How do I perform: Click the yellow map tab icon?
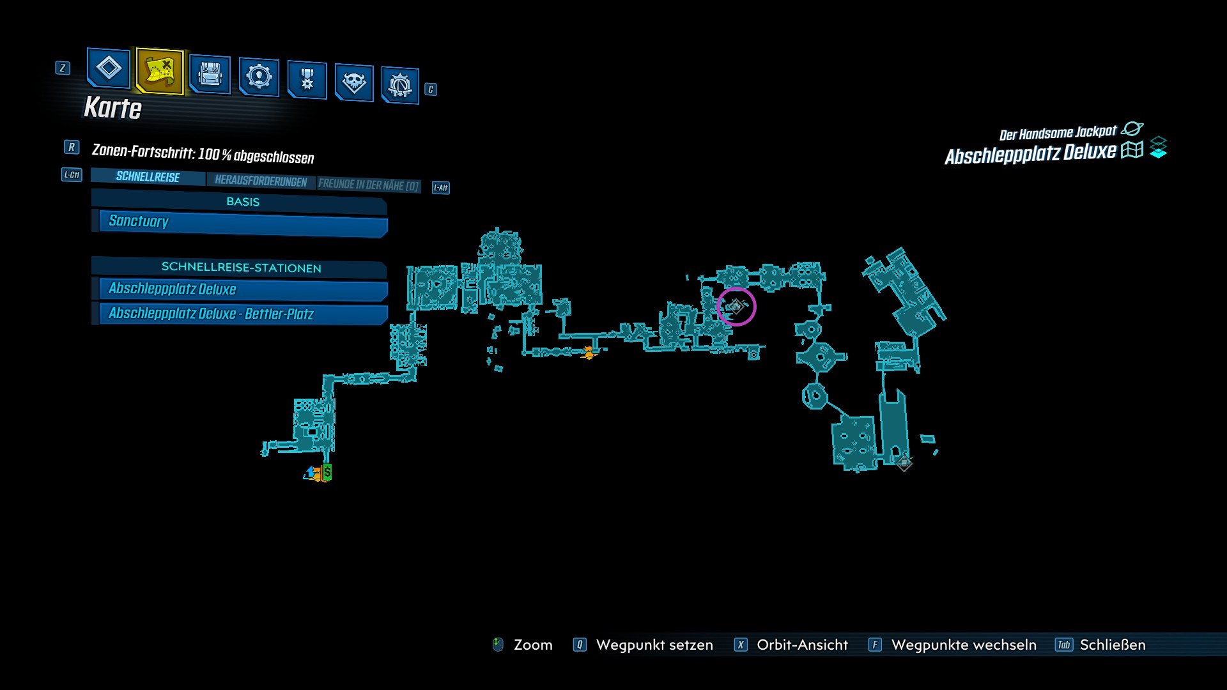click(x=160, y=71)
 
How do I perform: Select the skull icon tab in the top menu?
click(x=353, y=82)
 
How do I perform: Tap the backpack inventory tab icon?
click(x=210, y=74)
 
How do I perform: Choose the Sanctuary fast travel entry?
click(x=243, y=222)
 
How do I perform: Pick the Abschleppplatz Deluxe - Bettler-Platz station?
click(x=243, y=314)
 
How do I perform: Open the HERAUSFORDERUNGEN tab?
click(x=261, y=181)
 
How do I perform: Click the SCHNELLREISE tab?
click(x=148, y=177)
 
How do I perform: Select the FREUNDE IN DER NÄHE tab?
click(x=369, y=185)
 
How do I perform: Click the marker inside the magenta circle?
click(x=736, y=307)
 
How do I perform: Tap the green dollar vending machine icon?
click(x=327, y=472)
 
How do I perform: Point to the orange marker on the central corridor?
click(x=589, y=352)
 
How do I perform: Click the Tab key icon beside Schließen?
click(x=1064, y=645)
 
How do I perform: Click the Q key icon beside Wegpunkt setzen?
click(x=580, y=645)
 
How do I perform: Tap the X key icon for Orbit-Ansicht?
click(x=741, y=645)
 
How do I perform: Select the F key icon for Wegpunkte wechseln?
click(x=875, y=645)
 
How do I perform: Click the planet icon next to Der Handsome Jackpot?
click(x=1132, y=129)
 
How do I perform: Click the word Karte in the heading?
click(x=112, y=108)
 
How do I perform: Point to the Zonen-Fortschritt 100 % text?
click(x=203, y=154)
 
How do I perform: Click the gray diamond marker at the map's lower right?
click(x=904, y=462)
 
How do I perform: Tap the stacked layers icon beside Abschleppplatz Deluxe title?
click(x=1158, y=148)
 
